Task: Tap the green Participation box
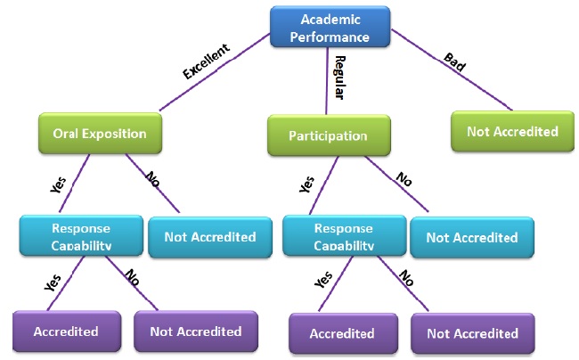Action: click(x=328, y=136)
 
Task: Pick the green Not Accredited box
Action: click(x=512, y=131)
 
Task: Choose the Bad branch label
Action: click(x=454, y=62)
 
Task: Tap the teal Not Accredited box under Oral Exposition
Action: click(x=210, y=236)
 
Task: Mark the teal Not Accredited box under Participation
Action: click(x=472, y=237)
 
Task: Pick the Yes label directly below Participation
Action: click(x=307, y=184)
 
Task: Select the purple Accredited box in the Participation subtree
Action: click(x=342, y=333)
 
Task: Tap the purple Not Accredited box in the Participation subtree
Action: click(x=472, y=333)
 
